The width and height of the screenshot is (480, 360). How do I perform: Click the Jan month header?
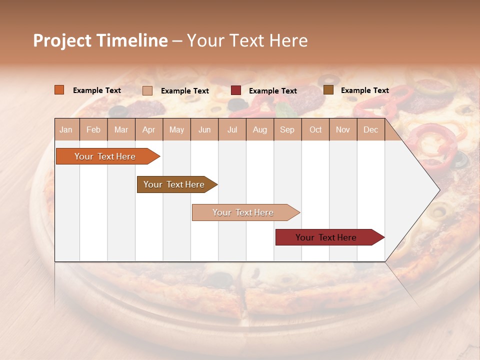click(x=66, y=130)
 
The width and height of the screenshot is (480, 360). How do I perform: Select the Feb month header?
click(x=93, y=130)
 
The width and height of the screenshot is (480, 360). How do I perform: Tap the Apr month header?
click(x=149, y=130)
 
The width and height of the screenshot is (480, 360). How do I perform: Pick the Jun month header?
click(x=204, y=130)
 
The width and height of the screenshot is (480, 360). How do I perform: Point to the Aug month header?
click(x=260, y=130)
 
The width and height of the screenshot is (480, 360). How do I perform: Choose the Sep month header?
click(x=287, y=130)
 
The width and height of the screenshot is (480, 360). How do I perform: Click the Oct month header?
click(x=315, y=130)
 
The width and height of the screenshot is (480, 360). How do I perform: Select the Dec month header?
click(x=371, y=130)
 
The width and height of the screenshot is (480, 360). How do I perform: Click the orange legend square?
click(x=59, y=90)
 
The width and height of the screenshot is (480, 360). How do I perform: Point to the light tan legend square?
click(x=147, y=90)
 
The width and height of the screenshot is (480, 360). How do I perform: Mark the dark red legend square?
click(x=236, y=90)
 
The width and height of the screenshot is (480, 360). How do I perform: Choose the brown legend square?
click(x=328, y=90)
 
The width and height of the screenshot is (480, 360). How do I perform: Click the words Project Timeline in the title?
click(x=100, y=40)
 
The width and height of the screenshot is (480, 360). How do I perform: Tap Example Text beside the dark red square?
click(x=273, y=91)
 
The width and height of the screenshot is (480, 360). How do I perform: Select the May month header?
click(x=176, y=130)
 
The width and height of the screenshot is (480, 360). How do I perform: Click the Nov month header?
click(x=343, y=130)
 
